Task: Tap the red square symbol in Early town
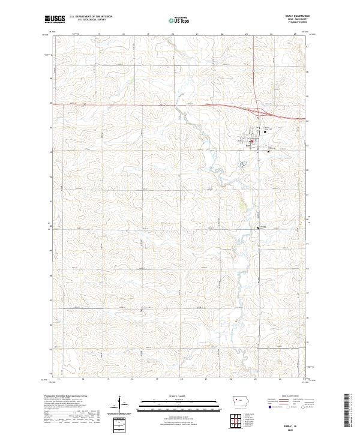(x=253, y=142)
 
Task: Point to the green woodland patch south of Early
(x=242, y=207)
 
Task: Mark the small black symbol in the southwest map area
(x=142, y=310)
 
